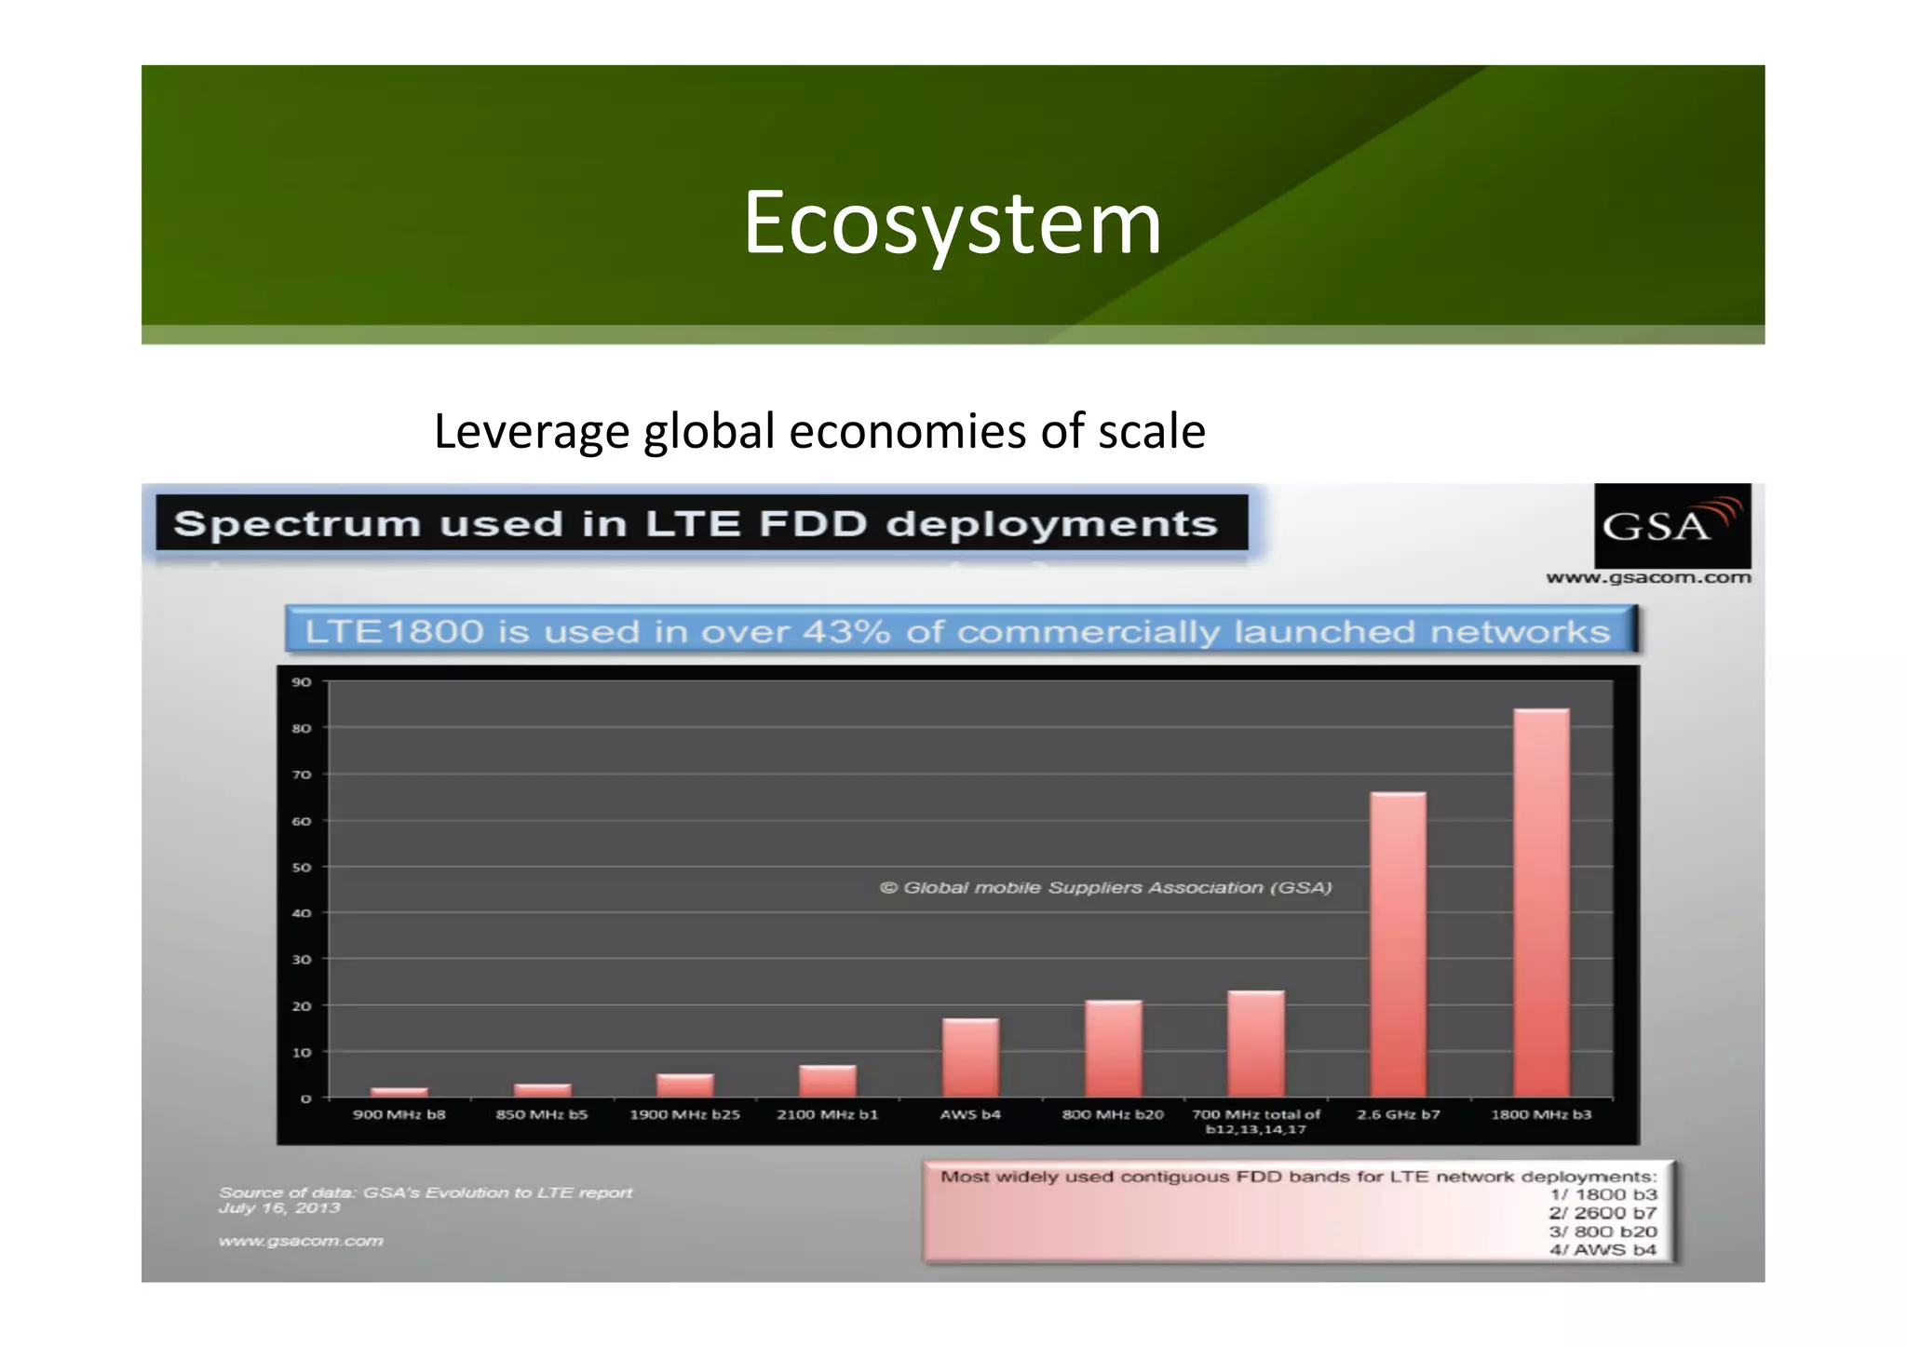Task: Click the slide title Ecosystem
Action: coord(952,223)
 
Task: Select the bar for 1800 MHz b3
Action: coord(1541,903)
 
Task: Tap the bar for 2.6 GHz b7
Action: coord(1398,945)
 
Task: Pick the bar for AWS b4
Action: coord(970,1057)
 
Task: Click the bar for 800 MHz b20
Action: coord(1113,1049)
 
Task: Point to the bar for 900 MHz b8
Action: coord(399,1092)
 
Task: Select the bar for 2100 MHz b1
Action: coord(828,1081)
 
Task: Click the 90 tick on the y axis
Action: coord(302,682)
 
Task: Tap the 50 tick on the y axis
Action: coord(302,868)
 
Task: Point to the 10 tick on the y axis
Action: coord(302,1053)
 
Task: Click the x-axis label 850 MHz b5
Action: coord(542,1114)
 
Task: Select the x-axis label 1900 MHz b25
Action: coord(684,1114)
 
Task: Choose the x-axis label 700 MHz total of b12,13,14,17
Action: coord(1256,1121)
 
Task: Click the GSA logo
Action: coord(1672,525)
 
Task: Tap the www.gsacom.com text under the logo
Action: coord(1648,578)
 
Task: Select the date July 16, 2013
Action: coord(279,1208)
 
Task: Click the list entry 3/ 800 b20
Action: coord(1603,1232)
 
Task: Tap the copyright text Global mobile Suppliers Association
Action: coord(1106,888)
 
